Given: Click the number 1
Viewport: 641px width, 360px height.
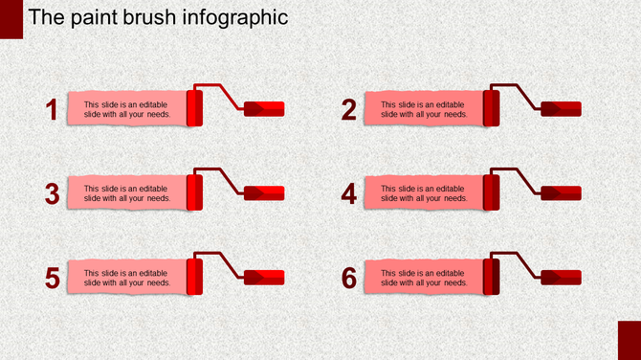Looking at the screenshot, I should pos(54,110).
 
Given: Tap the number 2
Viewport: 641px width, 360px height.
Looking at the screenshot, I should pos(349,110).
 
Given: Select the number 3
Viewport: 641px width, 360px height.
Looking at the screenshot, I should pos(54,193).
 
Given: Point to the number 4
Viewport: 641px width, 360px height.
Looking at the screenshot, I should pos(349,193).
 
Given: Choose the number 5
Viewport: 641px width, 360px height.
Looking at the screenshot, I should pos(54,278).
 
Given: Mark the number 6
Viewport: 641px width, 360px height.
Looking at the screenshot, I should pos(349,278).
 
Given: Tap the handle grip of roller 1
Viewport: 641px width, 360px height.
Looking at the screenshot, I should pos(265,108).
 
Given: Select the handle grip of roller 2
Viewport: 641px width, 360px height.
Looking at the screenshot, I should pos(562,108).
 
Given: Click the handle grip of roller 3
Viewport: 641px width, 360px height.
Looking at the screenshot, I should pos(265,192).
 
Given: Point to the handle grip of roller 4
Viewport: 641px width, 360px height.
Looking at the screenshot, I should pos(562,192).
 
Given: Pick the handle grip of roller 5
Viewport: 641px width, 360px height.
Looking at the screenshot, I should pos(265,277).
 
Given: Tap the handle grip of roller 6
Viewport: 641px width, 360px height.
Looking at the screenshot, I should pos(562,277).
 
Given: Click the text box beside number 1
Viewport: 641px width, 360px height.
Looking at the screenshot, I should pos(126,109).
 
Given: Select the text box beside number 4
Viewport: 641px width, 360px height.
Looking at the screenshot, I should pos(423,193).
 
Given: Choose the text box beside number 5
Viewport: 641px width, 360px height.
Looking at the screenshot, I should pos(126,278).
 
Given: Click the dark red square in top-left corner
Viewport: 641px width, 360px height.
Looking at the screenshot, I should pos(11,19).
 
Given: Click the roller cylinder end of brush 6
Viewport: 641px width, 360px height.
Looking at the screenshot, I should pos(491,277).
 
